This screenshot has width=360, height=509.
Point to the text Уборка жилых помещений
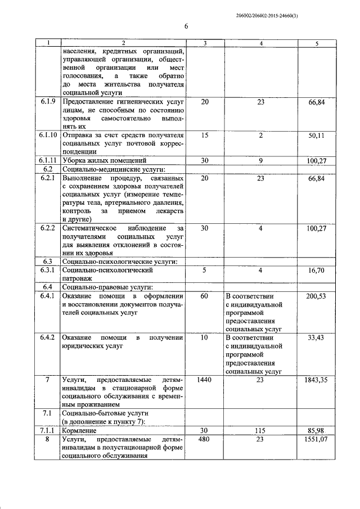point(100,161)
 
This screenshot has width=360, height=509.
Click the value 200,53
point(316,296)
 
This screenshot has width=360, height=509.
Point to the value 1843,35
point(314,380)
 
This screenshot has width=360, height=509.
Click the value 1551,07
point(314,439)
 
